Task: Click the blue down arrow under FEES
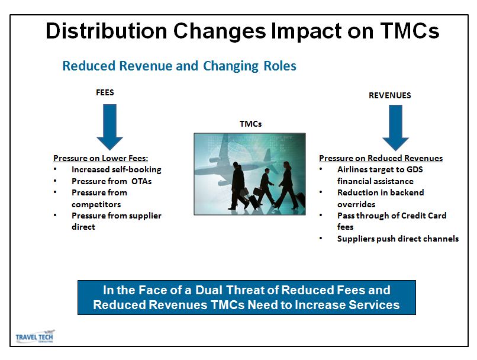110,127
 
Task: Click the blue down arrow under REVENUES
395,128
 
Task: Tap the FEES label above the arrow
105,92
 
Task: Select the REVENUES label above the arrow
389,95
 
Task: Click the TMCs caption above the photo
250,124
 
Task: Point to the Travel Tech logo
35,336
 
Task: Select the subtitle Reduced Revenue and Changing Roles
179,66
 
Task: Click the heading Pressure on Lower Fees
101,158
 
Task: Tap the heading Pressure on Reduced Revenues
381,158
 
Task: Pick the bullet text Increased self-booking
117,169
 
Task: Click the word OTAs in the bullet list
141,181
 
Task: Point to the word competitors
96,204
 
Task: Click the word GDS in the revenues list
415,169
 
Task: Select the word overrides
356,204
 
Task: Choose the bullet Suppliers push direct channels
398,239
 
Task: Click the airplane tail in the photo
267,155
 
